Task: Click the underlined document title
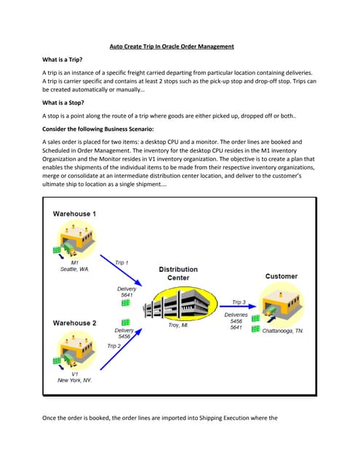pos(172,46)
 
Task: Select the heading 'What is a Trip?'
pos(63,60)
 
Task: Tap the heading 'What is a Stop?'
pos(63,102)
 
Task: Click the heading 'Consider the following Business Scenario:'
pos(98,129)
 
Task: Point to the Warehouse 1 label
pos(74,214)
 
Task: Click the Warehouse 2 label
pos(74,323)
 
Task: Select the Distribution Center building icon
pos(180,304)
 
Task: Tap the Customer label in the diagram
pos(281,276)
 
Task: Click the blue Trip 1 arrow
pos(121,270)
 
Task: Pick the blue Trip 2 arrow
pos(121,349)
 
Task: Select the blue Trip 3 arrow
pos(238,307)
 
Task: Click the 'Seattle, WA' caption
pos(74,270)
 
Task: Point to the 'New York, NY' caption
pos(74,380)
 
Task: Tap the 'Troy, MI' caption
pos(178,325)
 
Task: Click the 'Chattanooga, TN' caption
pos(282,331)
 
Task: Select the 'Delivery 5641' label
pos(127,292)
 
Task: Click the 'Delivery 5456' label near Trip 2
pos(124,333)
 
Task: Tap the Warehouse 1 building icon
pos(76,240)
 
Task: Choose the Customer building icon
pos(281,304)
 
